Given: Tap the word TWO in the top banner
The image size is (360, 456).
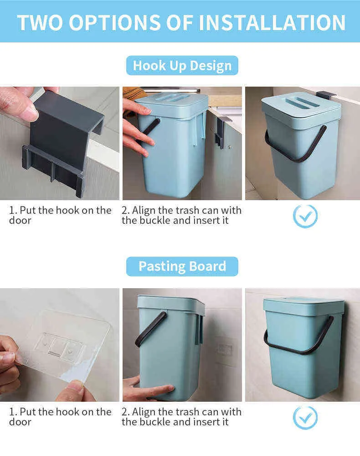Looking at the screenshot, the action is (40, 23).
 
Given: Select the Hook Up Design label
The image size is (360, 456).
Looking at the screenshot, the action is (182, 65).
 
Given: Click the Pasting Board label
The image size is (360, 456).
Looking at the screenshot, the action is (182, 266).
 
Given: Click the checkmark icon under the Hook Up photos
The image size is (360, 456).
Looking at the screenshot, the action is (305, 216).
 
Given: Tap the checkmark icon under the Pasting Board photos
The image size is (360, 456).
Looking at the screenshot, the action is (305, 418).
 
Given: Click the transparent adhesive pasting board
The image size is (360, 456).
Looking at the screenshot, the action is (62, 346).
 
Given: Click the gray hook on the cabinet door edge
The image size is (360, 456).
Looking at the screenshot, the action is (220, 132).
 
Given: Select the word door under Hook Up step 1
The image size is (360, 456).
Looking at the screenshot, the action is (20, 220).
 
